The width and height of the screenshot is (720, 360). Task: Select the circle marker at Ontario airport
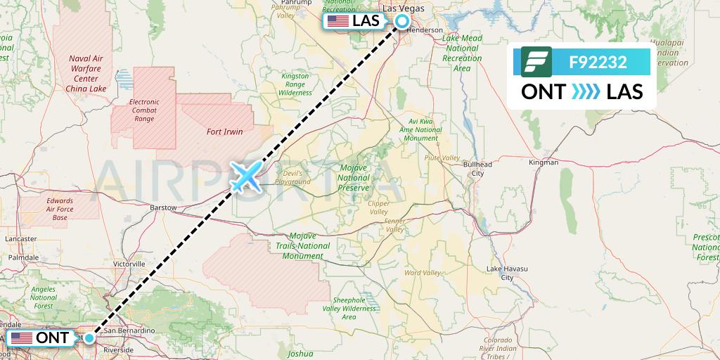point(89,337)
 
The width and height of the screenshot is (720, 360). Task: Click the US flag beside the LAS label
point(338,21)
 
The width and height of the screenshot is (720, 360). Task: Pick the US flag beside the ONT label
point(22,338)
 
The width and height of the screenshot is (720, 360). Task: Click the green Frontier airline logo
point(536,62)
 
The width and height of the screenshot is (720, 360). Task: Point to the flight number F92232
point(598,62)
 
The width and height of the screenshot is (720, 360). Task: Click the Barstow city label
point(163,208)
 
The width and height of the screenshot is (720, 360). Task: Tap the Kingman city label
point(544,162)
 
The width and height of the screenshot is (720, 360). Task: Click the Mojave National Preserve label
point(354,179)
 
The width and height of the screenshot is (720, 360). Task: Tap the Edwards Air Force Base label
point(60,210)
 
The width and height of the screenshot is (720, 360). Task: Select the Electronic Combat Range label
point(144,111)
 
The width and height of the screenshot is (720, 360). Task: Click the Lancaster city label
point(20,239)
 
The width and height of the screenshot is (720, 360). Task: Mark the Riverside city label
point(117,349)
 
